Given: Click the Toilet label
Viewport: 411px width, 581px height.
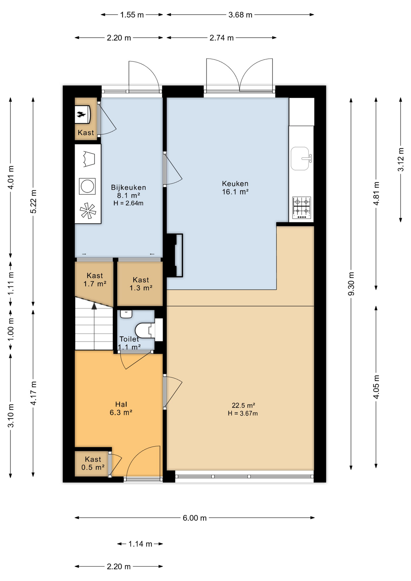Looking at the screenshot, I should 129,339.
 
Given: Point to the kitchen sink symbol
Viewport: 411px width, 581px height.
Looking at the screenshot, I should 300,159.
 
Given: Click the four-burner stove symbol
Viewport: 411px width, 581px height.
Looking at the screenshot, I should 301,208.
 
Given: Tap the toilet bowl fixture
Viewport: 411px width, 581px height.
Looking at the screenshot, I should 143,330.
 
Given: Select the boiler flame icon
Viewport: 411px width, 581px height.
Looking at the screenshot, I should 81,114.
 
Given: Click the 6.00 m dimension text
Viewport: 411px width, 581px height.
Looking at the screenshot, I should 194,518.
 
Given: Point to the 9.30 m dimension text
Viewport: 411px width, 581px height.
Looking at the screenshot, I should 351,284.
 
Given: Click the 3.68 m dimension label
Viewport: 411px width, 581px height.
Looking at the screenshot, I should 240,15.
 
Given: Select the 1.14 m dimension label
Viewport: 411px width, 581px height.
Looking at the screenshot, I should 140,544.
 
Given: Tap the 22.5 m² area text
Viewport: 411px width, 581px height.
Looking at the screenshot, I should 243,405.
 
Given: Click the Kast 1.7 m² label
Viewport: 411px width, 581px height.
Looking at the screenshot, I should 95,280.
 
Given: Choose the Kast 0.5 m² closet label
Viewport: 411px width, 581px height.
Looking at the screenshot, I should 93,463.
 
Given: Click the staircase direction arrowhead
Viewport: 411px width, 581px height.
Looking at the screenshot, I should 94,306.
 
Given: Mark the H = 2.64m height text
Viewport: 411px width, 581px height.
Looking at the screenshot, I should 128,203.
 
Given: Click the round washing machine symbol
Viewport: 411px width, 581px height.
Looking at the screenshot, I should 87,186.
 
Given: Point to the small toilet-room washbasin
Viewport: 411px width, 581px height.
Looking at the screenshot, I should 126,314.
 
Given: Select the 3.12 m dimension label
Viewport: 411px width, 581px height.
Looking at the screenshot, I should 401,159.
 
